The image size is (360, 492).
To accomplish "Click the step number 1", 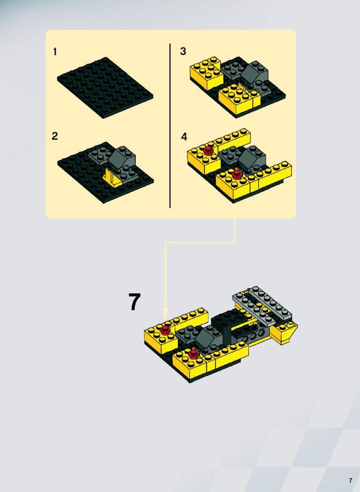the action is coord(55,51).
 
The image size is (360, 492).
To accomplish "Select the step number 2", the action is coord(55,136).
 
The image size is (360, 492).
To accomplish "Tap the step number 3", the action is coord(183,51).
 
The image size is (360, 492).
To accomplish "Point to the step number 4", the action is coord(184,137).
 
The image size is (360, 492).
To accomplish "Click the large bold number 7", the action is coord(134,301).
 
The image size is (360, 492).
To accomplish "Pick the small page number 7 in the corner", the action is coord(350,481).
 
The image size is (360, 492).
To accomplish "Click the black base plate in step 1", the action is coord(105,87).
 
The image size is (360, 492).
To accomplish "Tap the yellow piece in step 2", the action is coord(111,178).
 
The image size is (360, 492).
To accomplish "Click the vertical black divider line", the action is coord(170,125).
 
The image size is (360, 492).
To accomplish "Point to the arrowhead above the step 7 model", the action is coord(165,315).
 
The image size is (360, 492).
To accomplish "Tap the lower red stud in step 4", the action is coord(236,174).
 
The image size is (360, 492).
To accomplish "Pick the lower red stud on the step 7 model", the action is coord(193,354).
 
